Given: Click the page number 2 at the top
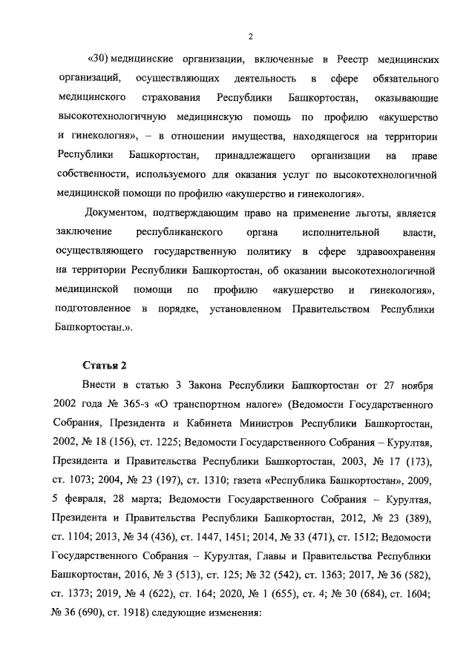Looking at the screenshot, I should [250, 36].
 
